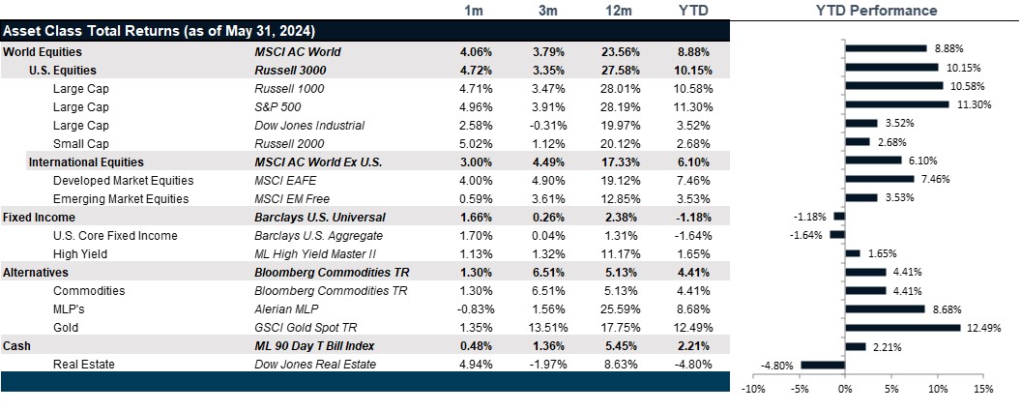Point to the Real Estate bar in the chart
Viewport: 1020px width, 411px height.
click(823, 365)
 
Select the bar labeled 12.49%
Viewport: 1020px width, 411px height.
click(902, 328)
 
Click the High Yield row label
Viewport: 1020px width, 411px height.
click(80, 253)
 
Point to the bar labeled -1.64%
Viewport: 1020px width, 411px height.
click(837, 235)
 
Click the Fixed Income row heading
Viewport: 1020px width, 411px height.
click(39, 217)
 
